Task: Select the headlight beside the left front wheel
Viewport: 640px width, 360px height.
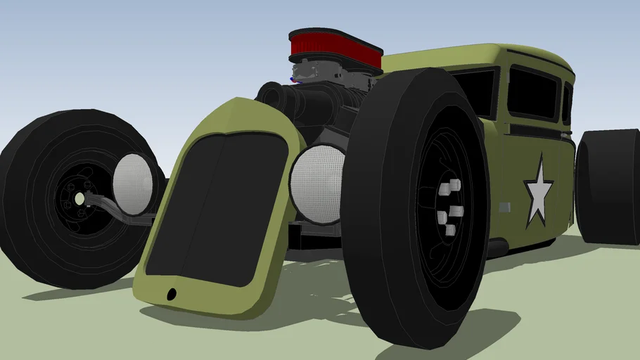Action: coord(133,184)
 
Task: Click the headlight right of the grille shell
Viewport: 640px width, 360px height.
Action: coord(317,184)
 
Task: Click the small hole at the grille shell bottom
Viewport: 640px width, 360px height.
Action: coord(170,294)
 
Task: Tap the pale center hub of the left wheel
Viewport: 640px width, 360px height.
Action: coord(79,200)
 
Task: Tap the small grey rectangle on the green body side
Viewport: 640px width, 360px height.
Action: coord(504,207)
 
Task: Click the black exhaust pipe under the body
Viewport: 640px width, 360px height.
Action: coord(497,247)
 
